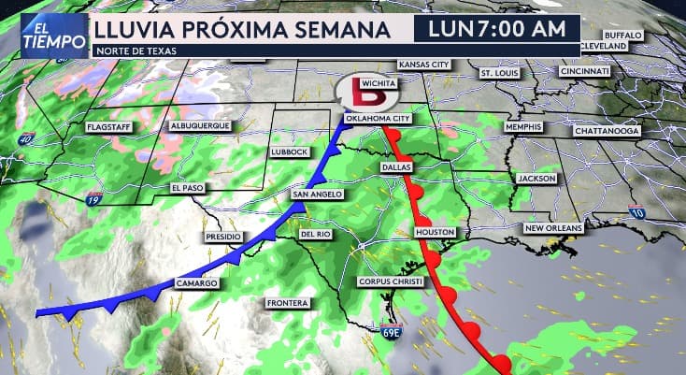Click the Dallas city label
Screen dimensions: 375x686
coord(396,166)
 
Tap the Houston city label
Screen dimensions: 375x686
coord(436,231)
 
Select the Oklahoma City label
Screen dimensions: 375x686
coord(377,119)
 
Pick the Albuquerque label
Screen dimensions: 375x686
coord(200,126)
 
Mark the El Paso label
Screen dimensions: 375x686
coord(187,188)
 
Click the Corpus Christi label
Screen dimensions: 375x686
coord(392,281)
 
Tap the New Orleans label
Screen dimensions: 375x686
coord(553,228)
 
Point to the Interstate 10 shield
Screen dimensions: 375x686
coord(637,212)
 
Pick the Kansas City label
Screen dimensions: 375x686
coord(423,65)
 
